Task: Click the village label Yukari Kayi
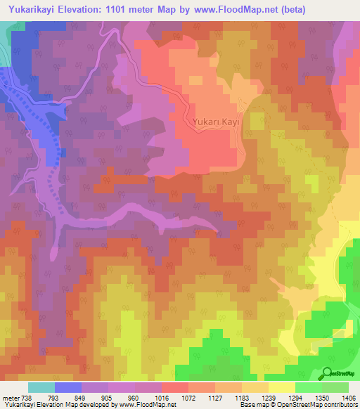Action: pos(217,122)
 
